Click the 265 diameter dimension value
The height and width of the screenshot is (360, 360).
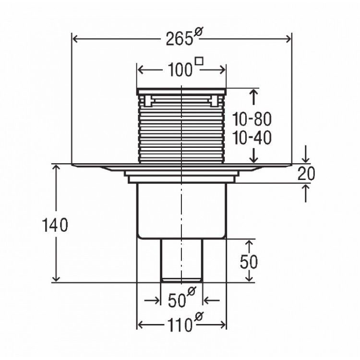point(179,38)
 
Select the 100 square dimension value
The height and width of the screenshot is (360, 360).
point(180,70)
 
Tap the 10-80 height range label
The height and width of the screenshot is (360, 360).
point(252,119)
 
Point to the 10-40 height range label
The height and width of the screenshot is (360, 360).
point(252,138)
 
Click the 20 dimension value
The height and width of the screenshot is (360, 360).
point(306,174)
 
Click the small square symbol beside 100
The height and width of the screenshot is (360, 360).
point(199,61)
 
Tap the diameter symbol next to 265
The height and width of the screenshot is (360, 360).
point(198,31)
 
